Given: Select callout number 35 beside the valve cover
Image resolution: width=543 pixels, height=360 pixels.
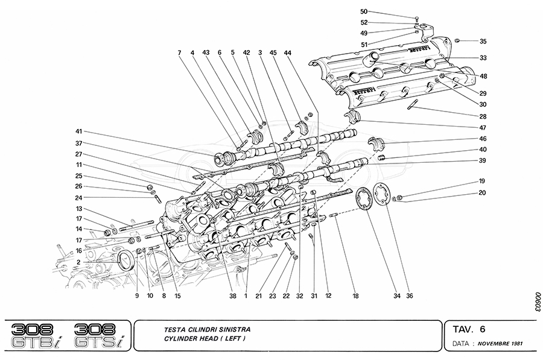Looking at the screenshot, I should coord(483,41).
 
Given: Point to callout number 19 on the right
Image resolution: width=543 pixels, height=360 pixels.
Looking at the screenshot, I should coord(483,181).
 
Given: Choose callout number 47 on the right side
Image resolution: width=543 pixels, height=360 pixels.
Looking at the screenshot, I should coord(483,128).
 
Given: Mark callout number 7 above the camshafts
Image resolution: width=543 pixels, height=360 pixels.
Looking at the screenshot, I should coord(179,53).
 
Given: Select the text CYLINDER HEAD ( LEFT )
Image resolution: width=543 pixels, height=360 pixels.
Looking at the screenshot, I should coord(205,339).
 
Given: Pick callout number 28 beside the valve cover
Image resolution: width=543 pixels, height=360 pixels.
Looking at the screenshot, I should coord(483,116).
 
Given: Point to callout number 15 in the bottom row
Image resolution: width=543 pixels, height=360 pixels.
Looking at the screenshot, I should coord(178,296).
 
